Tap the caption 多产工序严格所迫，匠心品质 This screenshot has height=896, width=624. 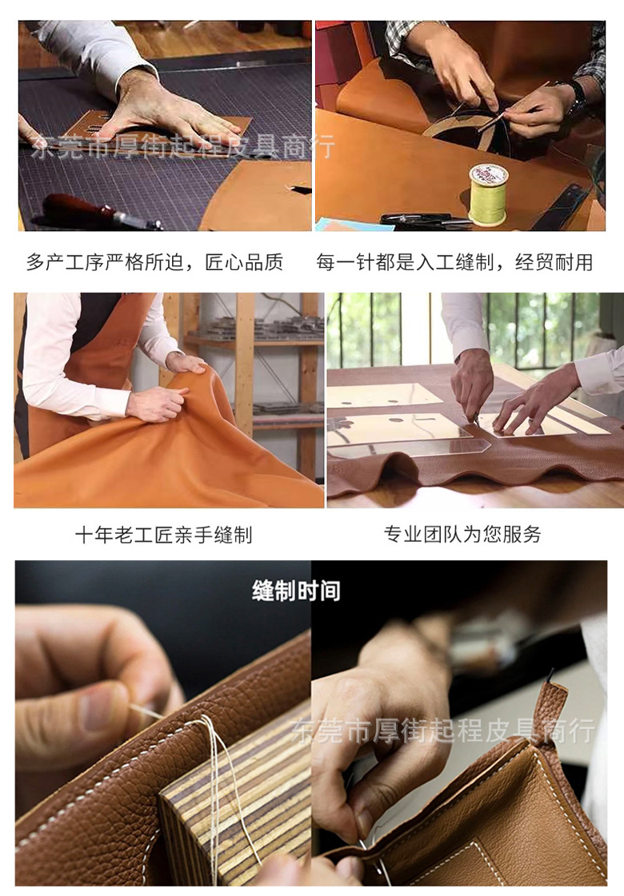155,262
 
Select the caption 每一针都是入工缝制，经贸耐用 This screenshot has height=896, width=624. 454,262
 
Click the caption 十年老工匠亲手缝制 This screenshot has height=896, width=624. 163,535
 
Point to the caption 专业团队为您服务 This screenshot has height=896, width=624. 462,534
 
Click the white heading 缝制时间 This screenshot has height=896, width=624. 296,591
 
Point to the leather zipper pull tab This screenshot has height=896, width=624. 552,712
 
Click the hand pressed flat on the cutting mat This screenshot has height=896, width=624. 166,110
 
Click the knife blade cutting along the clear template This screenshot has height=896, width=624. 476,420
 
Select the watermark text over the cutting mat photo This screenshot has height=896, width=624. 183,147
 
